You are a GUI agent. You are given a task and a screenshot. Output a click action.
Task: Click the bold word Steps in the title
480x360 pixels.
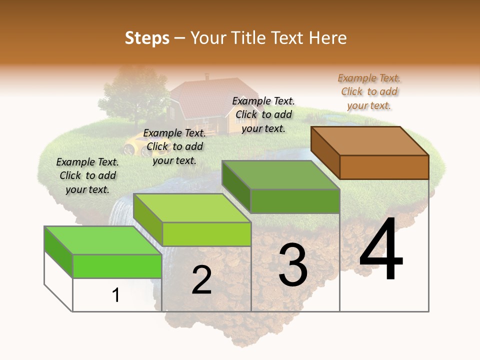pos(147,38)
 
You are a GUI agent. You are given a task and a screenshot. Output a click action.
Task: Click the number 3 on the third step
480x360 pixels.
pos(293,265)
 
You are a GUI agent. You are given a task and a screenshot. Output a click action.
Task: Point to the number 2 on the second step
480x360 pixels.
pos(201,280)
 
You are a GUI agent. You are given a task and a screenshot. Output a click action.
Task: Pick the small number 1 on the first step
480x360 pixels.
pos(116,295)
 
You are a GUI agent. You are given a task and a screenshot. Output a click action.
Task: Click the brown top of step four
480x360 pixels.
pos(370,140)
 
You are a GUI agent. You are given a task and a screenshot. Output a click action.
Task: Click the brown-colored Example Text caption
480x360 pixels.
pos(369,91)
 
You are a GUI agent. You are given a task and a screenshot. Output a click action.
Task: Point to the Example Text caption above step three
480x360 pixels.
pos(263,114)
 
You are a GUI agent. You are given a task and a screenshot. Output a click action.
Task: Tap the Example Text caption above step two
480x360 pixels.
pos(174,146)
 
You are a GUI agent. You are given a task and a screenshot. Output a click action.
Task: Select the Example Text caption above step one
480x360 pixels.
pos(87,175)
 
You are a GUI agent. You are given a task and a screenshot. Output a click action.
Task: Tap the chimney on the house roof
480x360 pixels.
pos(206,77)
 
